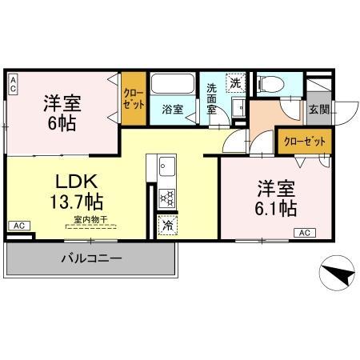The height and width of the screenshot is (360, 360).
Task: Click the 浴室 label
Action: tap(172, 108)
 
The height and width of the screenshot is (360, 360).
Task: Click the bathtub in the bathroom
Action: tap(172, 86)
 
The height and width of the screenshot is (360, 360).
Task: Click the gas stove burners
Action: tap(168, 197)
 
